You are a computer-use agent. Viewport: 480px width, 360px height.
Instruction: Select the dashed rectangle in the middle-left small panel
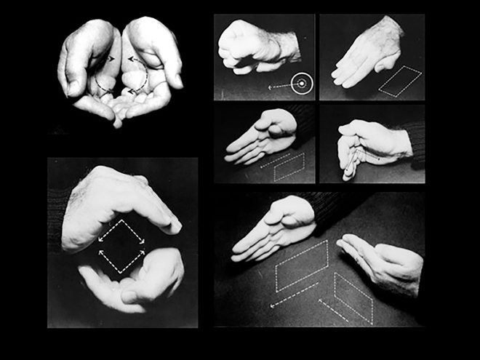click(289, 168)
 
